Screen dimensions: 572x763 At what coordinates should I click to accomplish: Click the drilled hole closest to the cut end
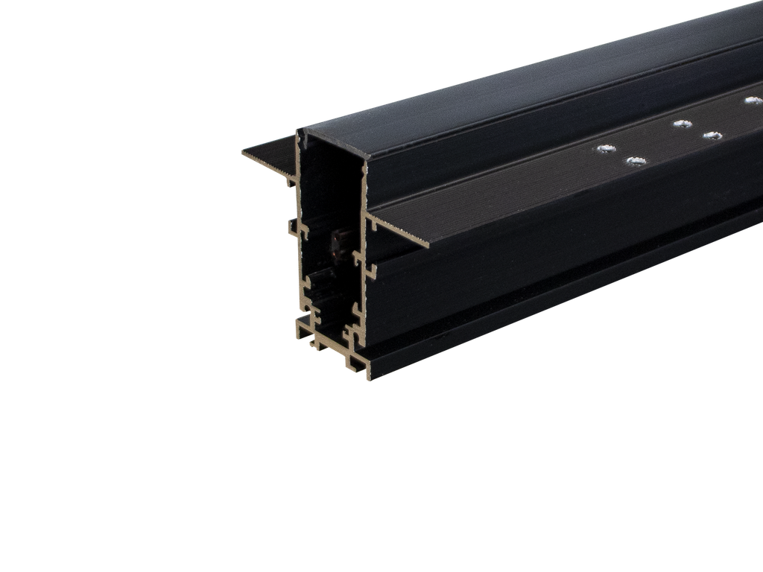(x=602, y=150)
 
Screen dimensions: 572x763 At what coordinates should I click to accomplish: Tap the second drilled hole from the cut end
(x=636, y=161)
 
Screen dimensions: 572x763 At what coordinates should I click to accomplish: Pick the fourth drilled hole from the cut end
(x=713, y=136)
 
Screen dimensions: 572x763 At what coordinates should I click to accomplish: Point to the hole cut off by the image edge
(x=753, y=100)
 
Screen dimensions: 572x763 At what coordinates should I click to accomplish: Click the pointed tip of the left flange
(x=244, y=153)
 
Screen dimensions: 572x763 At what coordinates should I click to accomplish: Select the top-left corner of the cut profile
(x=299, y=130)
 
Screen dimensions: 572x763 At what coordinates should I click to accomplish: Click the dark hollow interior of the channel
(x=328, y=194)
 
